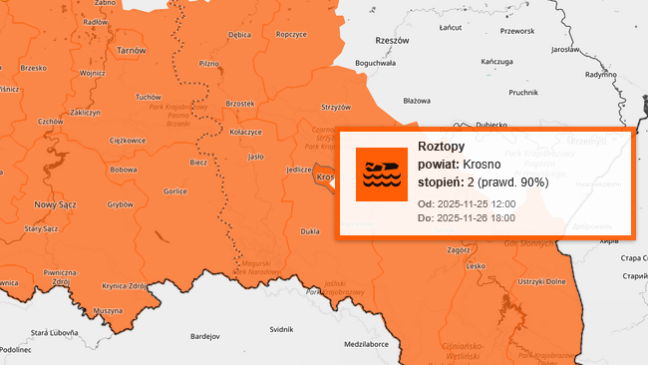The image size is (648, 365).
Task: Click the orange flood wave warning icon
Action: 382,174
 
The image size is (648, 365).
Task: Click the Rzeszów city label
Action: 392,42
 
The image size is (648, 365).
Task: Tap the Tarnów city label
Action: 131,50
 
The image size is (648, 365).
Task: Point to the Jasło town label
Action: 255,157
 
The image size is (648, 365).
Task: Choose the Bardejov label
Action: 204,337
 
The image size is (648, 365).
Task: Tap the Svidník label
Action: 281,328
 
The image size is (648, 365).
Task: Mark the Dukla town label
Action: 310,231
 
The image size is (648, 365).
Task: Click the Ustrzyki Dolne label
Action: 541,281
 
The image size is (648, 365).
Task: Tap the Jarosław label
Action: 565,49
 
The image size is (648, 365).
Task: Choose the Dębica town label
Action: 239,35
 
